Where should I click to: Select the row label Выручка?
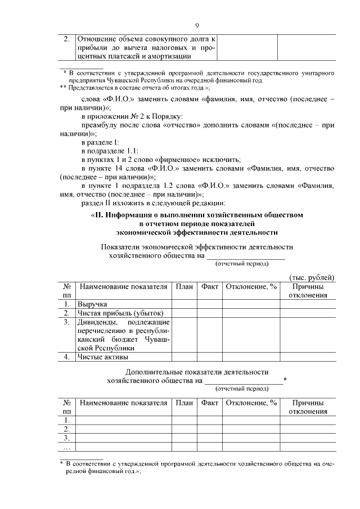[x=93, y=304]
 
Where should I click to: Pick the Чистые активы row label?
[x=103, y=357]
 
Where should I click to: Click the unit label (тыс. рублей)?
[x=312, y=277]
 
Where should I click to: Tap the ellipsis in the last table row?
[x=67, y=448]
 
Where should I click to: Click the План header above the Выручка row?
[x=184, y=287]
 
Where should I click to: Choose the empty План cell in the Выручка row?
[x=184, y=304]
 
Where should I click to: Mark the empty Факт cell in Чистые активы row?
[x=209, y=357]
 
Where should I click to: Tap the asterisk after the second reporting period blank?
[x=286, y=381]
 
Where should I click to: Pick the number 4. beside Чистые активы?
[x=67, y=357]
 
